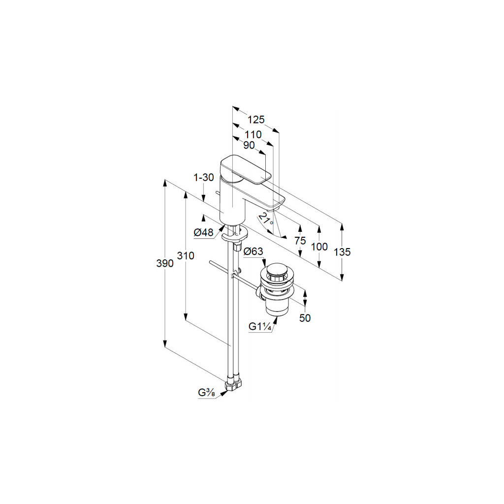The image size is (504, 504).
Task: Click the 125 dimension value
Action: (x=256, y=120)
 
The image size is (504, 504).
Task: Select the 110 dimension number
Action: (x=252, y=134)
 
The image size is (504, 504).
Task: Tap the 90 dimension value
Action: (x=249, y=145)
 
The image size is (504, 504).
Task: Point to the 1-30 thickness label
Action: (x=204, y=177)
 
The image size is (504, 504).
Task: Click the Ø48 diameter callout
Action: (x=203, y=233)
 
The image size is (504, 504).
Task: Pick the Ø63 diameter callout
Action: (x=253, y=252)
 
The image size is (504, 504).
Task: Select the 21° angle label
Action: (x=266, y=219)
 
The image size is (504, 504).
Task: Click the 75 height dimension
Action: (x=300, y=241)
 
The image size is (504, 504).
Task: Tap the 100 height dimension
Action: (x=319, y=247)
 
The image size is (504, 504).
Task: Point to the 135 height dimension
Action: (x=342, y=252)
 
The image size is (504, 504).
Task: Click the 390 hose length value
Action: (x=165, y=263)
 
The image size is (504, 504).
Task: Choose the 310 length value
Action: (x=186, y=256)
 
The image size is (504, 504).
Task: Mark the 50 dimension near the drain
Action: (x=305, y=318)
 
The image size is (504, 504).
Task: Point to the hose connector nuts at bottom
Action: (x=233, y=384)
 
